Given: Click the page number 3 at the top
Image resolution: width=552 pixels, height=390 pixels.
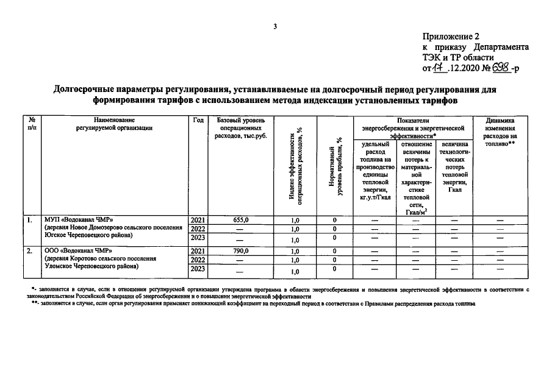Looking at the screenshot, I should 275,26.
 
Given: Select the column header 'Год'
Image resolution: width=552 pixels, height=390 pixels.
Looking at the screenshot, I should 198,121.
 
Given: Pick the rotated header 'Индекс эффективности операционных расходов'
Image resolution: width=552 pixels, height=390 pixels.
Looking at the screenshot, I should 295,165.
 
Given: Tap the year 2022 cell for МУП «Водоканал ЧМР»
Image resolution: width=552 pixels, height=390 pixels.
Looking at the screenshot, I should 198,229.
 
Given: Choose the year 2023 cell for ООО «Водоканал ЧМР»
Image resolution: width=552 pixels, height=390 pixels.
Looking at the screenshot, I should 198,270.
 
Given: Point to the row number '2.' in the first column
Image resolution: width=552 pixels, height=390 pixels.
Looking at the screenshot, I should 29,250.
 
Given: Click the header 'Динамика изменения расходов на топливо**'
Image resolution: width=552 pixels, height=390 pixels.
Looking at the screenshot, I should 501,132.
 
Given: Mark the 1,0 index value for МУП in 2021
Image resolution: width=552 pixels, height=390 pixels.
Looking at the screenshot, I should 295,220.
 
